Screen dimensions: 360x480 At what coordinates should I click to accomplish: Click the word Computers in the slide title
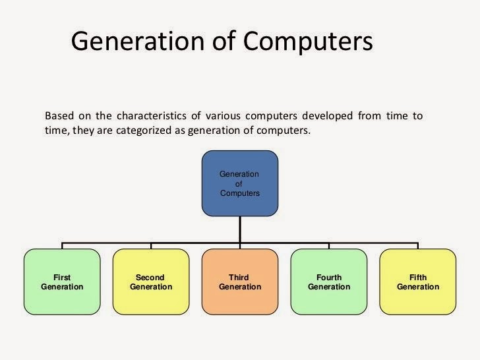click(x=309, y=41)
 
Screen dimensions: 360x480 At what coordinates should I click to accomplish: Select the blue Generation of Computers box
click(x=239, y=184)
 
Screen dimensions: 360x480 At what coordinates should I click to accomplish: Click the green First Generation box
click(x=62, y=282)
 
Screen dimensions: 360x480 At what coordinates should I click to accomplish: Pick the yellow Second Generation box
click(x=150, y=282)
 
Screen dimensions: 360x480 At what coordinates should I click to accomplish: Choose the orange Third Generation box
click(x=239, y=282)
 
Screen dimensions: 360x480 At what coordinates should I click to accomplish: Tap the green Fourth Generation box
click(x=328, y=282)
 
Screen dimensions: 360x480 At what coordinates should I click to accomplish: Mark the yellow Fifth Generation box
click(x=417, y=282)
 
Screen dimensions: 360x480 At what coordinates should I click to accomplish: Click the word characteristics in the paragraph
click(x=142, y=116)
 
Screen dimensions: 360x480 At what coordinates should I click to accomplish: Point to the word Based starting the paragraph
click(x=59, y=116)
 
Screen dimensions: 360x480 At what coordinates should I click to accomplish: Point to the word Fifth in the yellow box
click(x=417, y=278)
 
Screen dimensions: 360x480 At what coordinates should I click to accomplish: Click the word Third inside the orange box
click(x=239, y=278)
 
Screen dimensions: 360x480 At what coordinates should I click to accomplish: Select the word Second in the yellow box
click(x=150, y=278)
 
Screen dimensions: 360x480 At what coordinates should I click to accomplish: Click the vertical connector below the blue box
click(x=239, y=230)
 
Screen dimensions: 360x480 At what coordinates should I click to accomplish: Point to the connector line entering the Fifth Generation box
click(x=417, y=246)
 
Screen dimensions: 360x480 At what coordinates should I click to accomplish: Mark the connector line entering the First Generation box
click(x=62, y=246)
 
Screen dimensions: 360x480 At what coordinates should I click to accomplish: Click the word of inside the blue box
click(x=239, y=184)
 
